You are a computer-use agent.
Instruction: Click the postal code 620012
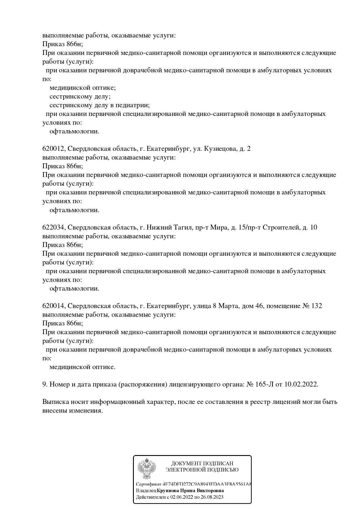pyautogui.click(x=53, y=149)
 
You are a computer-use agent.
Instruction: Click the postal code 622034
pyautogui.click(x=53, y=228)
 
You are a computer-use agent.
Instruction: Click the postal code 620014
pyautogui.click(x=53, y=306)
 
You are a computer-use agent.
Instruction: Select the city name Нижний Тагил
pyautogui.click(x=169, y=228)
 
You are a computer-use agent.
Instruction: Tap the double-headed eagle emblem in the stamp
pyautogui.click(x=147, y=468)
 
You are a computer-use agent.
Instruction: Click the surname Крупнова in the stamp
pyautogui.click(x=168, y=491)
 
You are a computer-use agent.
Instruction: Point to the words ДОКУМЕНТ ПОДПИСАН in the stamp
pyautogui.click(x=202, y=463)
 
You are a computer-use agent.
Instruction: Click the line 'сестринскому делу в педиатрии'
pyautogui.click(x=100, y=105)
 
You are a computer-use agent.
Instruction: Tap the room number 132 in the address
pyautogui.click(x=316, y=306)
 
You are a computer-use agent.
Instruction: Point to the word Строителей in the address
pyautogui.click(x=281, y=228)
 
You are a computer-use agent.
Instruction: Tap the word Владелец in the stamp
pyautogui.click(x=146, y=491)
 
